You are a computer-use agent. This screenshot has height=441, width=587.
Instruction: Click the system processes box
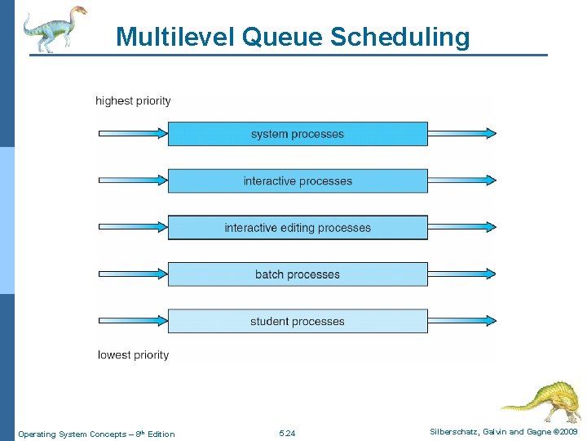click(x=298, y=134)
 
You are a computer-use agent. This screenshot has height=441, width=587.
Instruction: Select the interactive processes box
click(x=298, y=180)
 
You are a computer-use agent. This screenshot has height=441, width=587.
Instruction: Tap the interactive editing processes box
click(x=298, y=228)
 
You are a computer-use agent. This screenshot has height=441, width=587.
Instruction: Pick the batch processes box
click(x=298, y=274)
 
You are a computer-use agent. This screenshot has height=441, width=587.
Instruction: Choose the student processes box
click(x=298, y=321)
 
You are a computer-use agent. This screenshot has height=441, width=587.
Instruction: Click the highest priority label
click(x=133, y=101)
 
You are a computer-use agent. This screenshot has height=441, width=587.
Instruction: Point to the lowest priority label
click(x=133, y=355)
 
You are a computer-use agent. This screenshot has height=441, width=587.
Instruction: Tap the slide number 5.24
click(x=287, y=434)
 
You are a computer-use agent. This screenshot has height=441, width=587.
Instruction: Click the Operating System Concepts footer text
click(x=96, y=434)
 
